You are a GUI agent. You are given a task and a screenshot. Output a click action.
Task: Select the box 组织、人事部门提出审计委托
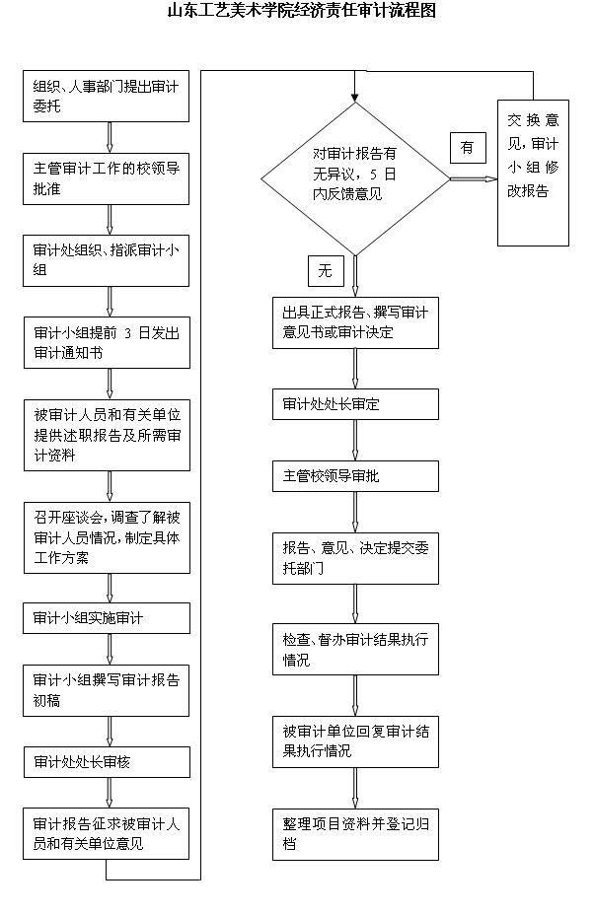coord(107,96)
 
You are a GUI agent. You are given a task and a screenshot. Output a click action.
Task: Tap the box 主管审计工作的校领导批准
coord(107,178)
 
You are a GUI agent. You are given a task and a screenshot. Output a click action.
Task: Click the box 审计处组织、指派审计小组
coord(107,260)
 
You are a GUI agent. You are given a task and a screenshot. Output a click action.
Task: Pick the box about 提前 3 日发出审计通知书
coord(107,342)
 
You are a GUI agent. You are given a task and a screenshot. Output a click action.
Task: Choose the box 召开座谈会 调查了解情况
coord(107,537)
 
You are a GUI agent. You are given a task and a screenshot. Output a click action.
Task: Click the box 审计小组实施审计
coord(107,618)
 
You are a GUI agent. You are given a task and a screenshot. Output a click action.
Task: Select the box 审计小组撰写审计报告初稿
coord(107,689)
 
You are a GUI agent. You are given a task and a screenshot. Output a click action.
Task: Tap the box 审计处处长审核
coord(107,761)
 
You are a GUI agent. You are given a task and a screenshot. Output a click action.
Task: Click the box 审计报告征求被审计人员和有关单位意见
coord(107,833)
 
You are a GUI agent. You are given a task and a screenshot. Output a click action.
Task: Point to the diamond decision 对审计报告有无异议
coord(354,178)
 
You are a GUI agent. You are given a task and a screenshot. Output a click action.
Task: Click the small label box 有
coord(468,148)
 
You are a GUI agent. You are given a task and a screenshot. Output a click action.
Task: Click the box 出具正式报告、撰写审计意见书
coord(355,322)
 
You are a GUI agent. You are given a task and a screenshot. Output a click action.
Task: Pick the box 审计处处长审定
coord(355,404)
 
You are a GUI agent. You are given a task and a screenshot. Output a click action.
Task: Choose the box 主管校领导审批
coord(355,476)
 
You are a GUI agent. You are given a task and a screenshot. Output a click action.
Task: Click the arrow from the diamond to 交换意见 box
coord(473,178)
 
